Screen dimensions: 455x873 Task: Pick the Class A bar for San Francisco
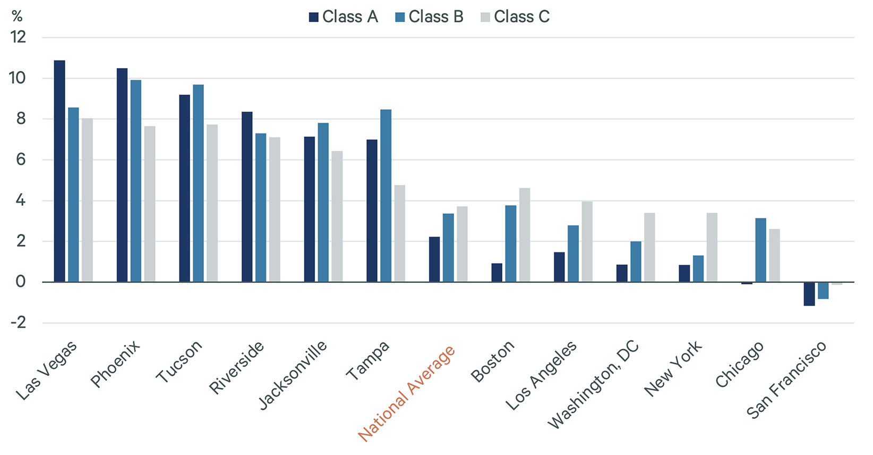pyautogui.click(x=809, y=293)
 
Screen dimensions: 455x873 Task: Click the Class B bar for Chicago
pyautogui.click(x=760, y=250)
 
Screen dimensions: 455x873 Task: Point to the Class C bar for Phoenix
pyautogui.click(x=150, y=204)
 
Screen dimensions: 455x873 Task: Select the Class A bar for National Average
pyautogui.click(x=434, y=259)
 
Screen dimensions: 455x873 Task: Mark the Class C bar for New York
pyautogui.click(x=712, y=247)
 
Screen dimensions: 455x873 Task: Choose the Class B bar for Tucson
pyautogui.click(x=198, y=183)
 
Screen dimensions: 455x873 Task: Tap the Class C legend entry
pyautogui.click(x=515, y=17)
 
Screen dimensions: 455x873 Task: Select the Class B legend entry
pyautogui.click(x=430, y=17)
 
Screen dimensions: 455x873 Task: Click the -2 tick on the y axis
pyautogui.click(x=18, y=323)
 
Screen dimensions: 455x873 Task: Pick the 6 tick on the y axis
pyautogui.click(x=20, y=159)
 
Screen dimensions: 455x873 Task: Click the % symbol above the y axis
pyautogui.click(x=17, y=16)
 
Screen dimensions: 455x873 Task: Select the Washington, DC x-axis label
pyautogui.click(x=594, y=385)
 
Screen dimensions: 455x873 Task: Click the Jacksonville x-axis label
pyautogui.click(x=293, y=376)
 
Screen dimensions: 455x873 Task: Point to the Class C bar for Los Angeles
pyautogui.click(x=587, y=242)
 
